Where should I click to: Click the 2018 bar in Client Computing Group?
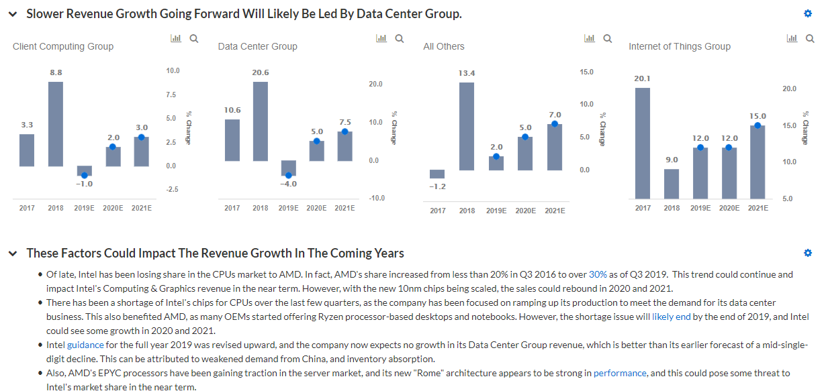pyautogui.click(x=56, y=124)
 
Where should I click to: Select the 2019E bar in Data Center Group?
pyautogui.click(x=289, y=168)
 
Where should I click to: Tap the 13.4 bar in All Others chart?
pyautogui.click(x=467, y=126)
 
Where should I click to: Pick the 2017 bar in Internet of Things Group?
pyautogui.click(x=643, y=143)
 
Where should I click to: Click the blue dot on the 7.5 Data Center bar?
pyautogui.click(x=344, y=131)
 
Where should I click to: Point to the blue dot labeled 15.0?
pyautogui.click(x=757, y=125)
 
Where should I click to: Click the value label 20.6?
pyautogui.click(x=261, y=72)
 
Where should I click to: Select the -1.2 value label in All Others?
pyautogui.click(x=437, y=186)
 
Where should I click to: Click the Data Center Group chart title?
pyautogui.click(x=257, y=46)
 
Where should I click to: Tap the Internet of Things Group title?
pyautogui.click(x=679, y=46)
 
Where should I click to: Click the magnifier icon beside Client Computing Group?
pyautogui.click(x=194, y=39)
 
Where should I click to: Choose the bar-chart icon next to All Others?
pyautogui.click(x=590, y=39)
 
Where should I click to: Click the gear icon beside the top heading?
pyautogui.click(x=808, y=13)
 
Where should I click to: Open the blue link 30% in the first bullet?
pyautogui.click(x=598, y=274)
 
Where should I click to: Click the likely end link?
pyautogui.click(x=672, y=317)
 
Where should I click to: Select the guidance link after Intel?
pyautogui.click(x=85, y=345)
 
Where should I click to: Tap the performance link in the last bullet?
pyautogui.click(x=620, y=373)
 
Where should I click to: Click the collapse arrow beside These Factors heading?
pyautogui.click(x=13, y=254)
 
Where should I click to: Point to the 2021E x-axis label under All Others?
pyautogui.click(x=555, y=211)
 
